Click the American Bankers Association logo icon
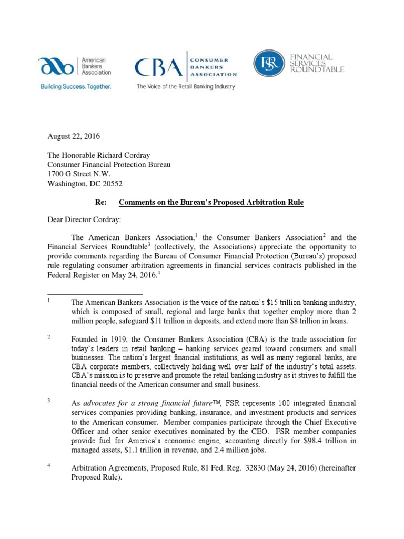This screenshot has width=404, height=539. pos(57,67)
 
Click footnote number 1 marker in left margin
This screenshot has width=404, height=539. pos(48,301)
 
